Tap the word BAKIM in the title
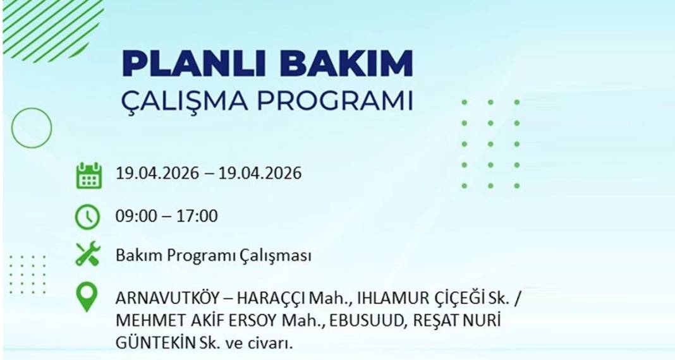point(340,64)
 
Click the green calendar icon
point(88,175)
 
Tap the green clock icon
point(87,217)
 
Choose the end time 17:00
point(197,216)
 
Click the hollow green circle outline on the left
point(32,128)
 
